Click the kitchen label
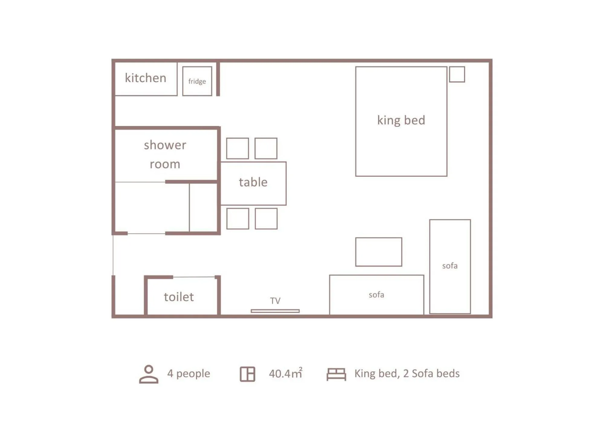tap(146, 78)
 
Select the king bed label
tap(401, 120)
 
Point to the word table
tap(253, 182)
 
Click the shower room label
tap(165, 154)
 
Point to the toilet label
tap(179, 297)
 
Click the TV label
tap(275, 301)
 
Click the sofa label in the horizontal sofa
tap(376, 295)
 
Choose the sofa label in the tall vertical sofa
tap(450, 266)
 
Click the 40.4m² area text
tap(286, 373)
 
